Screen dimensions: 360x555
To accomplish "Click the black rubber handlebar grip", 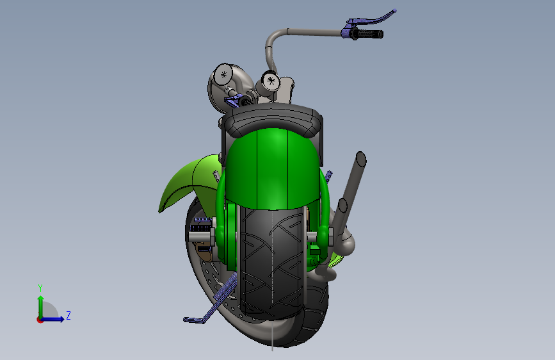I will [x=370, y=33].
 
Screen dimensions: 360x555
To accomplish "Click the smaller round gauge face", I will [x=270, y=81].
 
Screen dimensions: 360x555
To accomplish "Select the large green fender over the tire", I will [x=272, y=170].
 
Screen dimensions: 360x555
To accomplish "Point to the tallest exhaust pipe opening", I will [x=361, y=159].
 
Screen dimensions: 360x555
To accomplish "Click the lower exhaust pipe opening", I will [x=342, y=206].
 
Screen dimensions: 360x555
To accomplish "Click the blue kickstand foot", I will [x=193, y=319].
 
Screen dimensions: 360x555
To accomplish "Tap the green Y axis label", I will [x=40, y=288].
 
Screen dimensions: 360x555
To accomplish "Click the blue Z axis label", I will [x=68, y=315].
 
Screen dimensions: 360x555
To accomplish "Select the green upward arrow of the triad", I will [x=40, y=304].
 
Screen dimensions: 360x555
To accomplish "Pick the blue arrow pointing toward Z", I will [x=56, y=318].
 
